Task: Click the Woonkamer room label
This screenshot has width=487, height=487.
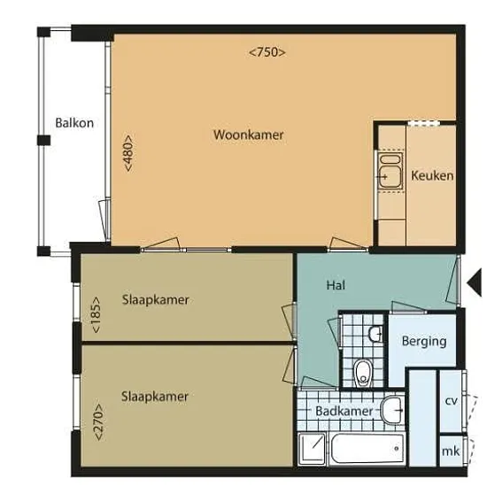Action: pos(249,135)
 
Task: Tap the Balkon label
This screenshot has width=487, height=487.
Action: pos(74,123)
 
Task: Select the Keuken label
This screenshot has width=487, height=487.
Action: pos(432,176)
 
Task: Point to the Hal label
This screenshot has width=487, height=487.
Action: pos(336,285)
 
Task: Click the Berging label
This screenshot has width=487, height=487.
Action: pos(424,341)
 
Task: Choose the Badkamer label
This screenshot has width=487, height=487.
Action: pos(344,411)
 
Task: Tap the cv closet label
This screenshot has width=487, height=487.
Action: pos(451,401)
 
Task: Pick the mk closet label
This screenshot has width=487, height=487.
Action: pos(451,451)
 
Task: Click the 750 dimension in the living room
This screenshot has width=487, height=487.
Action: pos(267,52)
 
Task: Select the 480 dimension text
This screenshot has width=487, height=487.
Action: pos(128,153)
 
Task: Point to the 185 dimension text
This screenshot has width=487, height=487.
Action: pos(96,315)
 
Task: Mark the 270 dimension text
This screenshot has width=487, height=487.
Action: pos(98,421)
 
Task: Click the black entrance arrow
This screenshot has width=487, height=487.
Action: pos(475,282)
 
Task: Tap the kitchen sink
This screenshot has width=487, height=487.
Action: pos(390,171)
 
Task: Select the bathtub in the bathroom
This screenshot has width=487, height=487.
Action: pos(367,449)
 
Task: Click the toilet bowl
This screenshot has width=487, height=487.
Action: pos(361,373)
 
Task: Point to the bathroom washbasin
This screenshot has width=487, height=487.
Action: pos(392,411)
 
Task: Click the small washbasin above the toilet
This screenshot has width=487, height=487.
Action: pos(375,334)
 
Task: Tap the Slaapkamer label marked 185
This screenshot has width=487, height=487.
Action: pos(155,300)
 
